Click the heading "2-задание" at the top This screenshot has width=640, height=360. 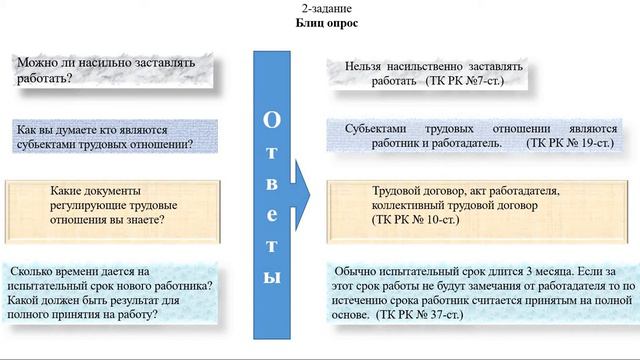point(320,8)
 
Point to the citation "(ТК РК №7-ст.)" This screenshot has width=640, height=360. point(466,78)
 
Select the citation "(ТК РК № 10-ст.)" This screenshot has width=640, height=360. point(416,218)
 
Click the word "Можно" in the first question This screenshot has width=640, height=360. point(37,64)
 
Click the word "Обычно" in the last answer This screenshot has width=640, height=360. point(361,271)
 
